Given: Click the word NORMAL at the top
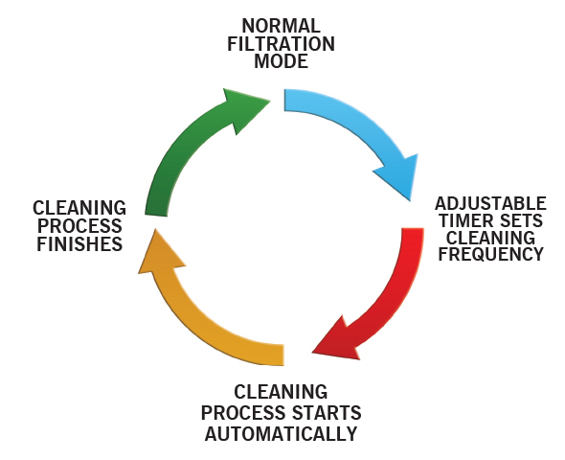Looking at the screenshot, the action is coord(281,26).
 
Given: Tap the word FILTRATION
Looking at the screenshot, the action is coord(281,44).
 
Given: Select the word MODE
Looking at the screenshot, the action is coord(281,61).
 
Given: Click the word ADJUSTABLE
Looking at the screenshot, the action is coord(490,204).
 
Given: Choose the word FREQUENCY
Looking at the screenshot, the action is coord(490,254).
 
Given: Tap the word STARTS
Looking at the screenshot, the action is coord(327,413).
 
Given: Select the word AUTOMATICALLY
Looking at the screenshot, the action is coord(281,434).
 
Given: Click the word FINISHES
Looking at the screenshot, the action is coord(79,244).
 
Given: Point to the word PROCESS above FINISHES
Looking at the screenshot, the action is coord(79,226).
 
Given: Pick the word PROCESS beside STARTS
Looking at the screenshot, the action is coord(244,413).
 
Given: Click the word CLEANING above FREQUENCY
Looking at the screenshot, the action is coord(490,238).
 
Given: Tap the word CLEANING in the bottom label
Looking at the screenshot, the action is coord(281,392).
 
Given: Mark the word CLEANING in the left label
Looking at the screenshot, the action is coord(79,208).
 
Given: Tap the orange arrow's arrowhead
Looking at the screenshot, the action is coord(159,254).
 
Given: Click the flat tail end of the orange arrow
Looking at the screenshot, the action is coord(283,355).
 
